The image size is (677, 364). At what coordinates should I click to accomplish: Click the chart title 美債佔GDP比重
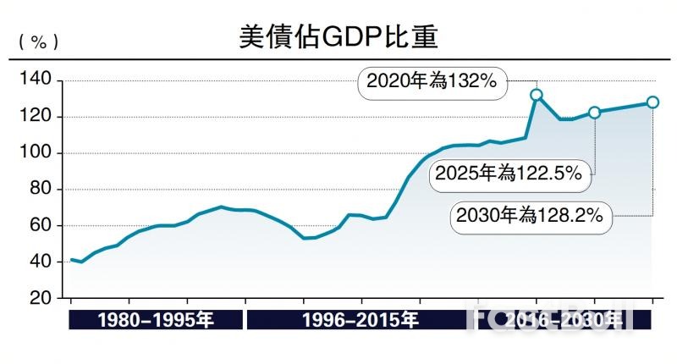coord(338,36)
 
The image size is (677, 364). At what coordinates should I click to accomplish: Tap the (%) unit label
coord(38,41)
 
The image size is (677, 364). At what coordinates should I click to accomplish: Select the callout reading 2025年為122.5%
coord(508,174)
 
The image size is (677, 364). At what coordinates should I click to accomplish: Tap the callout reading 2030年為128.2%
coord(529,215)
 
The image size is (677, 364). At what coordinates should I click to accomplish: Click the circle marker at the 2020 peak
coord(536,95)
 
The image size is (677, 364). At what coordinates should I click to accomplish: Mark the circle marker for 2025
coord(594,113)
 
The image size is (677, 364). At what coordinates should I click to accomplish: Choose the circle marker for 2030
coord(652,102)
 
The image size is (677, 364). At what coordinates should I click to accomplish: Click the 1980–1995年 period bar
coord(155,320)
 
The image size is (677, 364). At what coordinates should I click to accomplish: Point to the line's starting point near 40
coord(71,260)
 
